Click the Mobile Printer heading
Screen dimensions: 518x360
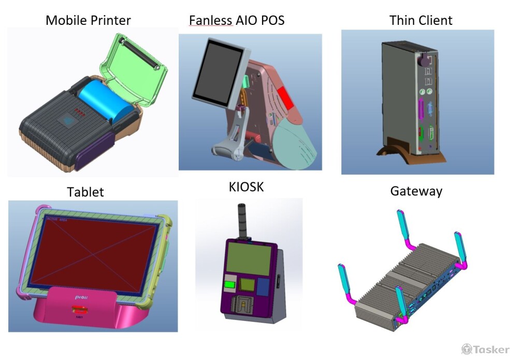pos(88,21)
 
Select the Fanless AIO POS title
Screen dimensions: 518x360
pos(237,21)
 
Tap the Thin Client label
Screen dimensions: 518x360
pos(421,21)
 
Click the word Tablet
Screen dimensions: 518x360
pos(85,192)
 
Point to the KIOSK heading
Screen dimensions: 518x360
pos(246,187)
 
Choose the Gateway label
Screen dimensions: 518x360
pos(416,192)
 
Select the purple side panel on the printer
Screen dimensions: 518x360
pos(94,150)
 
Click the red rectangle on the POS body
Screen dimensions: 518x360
pos(285,98)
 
